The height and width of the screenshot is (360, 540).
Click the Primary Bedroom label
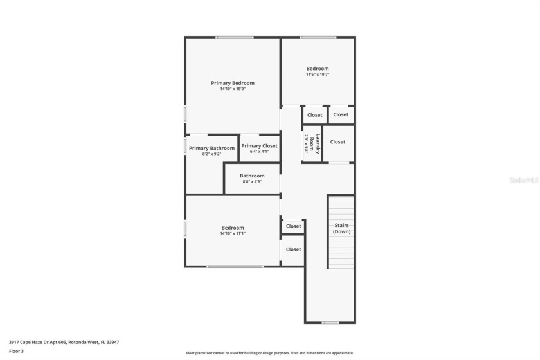click(233, 83)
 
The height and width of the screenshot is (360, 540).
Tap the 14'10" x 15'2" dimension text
click(233, 89)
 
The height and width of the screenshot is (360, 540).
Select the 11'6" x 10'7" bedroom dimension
click(318, 75)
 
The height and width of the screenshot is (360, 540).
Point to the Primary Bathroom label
click(212, 148)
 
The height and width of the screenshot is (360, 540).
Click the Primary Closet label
click(260, 146)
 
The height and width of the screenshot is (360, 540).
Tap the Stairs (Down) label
click(341, 228)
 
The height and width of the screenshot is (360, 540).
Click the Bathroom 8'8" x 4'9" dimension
click(252, 182)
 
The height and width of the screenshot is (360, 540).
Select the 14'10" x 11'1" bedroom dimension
click(233, 233)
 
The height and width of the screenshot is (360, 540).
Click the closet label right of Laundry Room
click(338, 141)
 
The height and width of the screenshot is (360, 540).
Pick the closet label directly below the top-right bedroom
click(315, 115)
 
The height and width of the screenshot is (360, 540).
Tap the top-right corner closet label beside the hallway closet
click(341, 114)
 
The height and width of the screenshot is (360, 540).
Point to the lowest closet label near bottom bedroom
click(294, 249)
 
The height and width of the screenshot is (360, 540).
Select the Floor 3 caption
click(16, 351)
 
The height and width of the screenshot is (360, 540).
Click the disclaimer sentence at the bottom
click(270, 352)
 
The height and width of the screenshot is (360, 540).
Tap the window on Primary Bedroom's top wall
click(234, 37)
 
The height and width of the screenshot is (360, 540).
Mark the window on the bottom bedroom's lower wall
click(235, 266)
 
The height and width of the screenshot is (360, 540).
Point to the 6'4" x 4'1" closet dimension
click(260, 152)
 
